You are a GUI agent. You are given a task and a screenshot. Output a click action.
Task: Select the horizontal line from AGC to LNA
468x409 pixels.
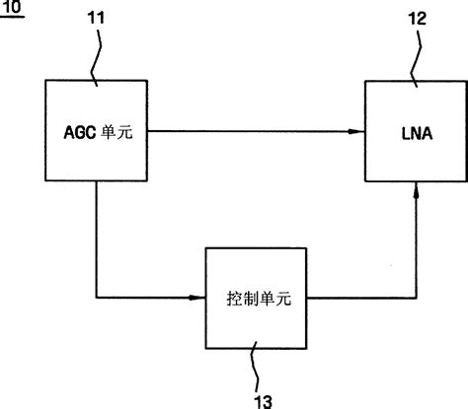tap(247, 131)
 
